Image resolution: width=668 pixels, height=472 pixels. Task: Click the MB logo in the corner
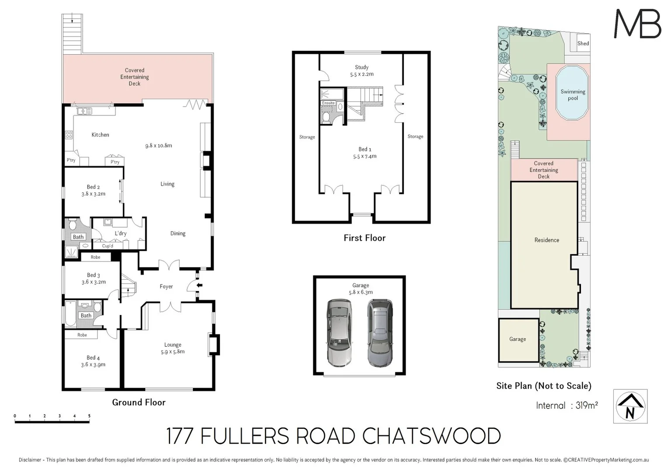tap(637, 24)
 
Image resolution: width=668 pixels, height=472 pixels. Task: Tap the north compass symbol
tap(630, 406)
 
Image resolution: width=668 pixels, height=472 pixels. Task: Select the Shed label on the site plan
tap(583, 43)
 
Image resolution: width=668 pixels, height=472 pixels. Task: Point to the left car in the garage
tap(339, 333)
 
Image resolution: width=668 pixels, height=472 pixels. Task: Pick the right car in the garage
tap(379, 333)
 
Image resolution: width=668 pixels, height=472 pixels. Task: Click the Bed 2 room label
tap(93, 187)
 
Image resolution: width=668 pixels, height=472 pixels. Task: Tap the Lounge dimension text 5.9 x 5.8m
tap(173, 351)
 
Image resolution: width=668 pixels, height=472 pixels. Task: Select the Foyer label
tap(166, 287)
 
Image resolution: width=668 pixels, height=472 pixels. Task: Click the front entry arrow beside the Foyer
tap(199, 285)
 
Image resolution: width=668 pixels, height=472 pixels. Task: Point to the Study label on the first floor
tap(361, 67)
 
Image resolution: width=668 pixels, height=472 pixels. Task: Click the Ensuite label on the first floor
tap(328, 103)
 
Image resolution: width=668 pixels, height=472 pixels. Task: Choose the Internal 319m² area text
tap(567, 406)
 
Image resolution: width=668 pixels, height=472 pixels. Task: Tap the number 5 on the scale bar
tap(89, 416)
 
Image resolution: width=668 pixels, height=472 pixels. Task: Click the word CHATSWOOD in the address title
tap(431, 436)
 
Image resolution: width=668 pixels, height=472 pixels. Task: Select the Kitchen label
tap(100, 135)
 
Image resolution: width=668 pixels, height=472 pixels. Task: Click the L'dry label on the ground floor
tap(120, 233)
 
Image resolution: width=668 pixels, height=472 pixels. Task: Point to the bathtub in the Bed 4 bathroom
tap(70, 316)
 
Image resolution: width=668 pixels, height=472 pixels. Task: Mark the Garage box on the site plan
tap(518, 340)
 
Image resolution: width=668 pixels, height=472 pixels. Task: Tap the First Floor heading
tap(364, 238)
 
